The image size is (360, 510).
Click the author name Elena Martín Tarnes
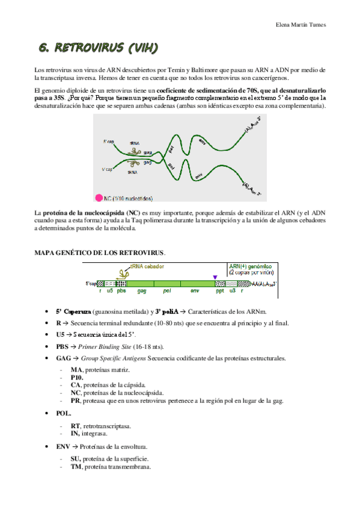(301, 25)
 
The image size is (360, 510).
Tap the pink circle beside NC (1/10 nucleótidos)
(99, 197)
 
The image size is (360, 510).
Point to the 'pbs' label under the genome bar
(122, 290)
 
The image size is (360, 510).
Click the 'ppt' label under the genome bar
(220, 290)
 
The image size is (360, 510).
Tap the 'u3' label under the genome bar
(232, 290)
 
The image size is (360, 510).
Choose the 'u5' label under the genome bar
(110, 290)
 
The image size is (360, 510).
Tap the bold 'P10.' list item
(77, 377)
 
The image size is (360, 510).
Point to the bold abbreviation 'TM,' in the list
(76, 466)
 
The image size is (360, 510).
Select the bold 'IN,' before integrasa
(75, 433)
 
